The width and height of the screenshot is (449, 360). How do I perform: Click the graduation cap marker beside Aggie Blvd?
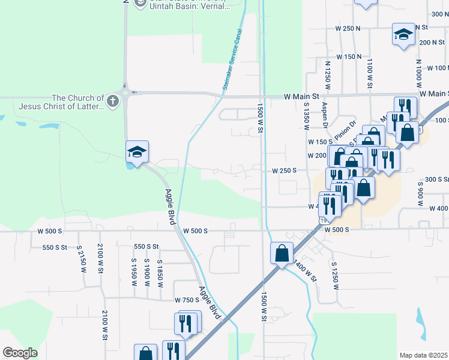(137, 152)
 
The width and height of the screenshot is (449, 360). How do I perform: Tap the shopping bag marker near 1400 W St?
(282, 253)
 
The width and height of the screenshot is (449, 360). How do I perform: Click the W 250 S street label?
(285, 171)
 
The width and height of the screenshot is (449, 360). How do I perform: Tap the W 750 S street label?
(187, 300)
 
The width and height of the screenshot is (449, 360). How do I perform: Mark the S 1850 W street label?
(160, 273)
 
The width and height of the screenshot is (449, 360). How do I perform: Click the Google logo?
(20, 353)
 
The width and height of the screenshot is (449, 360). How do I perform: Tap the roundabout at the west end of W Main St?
(126, 92)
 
